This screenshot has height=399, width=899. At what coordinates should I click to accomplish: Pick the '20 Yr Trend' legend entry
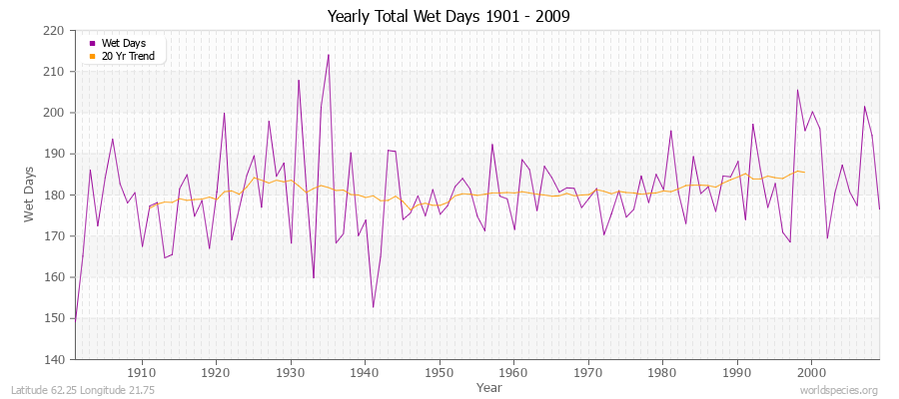(x=127, y=56)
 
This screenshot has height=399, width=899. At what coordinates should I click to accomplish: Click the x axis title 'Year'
(x=489, y=387)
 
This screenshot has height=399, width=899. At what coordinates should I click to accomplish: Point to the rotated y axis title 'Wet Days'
(x=31, y=195)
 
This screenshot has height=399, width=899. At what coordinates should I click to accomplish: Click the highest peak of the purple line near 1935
(x=328, y=55)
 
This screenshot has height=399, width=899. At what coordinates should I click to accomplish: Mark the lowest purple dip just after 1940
(x=373, y=307)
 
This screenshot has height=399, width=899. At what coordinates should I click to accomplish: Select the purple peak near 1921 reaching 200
(x=224, y=113)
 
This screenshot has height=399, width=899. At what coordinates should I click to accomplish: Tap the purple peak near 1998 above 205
(x=797, y=90)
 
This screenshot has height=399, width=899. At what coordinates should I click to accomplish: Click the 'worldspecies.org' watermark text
(x=840, y=391)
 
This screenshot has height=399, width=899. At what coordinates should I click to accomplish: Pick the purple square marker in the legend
(x=93, y=43)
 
